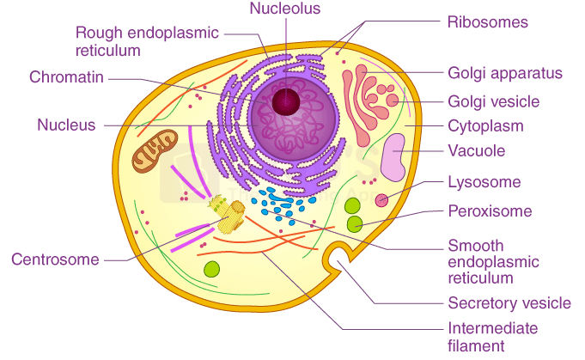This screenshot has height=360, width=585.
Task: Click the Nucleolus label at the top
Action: (x=284, y=9)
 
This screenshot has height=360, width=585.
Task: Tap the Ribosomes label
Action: (x=487, y=21)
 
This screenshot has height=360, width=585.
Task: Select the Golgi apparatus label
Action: (x=504, y=73)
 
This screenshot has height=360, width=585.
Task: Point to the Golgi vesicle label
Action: (x=493, y=101)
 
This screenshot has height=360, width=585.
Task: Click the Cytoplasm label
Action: (x=485, y=126)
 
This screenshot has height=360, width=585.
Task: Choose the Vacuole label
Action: (x=477, y=151)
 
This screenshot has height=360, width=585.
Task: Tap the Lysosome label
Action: (x=484, y=182)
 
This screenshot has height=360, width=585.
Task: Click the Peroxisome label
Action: (x=490, y=211)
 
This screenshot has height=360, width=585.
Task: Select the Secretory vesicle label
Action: (x=509, y=303)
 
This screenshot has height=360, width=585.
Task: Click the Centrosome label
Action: (x=55, y=259)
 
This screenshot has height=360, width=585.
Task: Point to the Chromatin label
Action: (x=66, y=77)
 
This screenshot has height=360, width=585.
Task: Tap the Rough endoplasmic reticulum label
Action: (x=147, y=41)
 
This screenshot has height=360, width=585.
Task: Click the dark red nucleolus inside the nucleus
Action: (x=285, y=101)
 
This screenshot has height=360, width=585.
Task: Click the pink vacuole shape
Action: (x=393, y=157)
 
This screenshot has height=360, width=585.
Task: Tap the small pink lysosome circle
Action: (x=381, y=200)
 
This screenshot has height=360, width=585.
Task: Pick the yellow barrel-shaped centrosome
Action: (x=227, y=215)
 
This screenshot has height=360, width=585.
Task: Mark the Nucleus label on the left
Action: (x=65, y=125)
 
